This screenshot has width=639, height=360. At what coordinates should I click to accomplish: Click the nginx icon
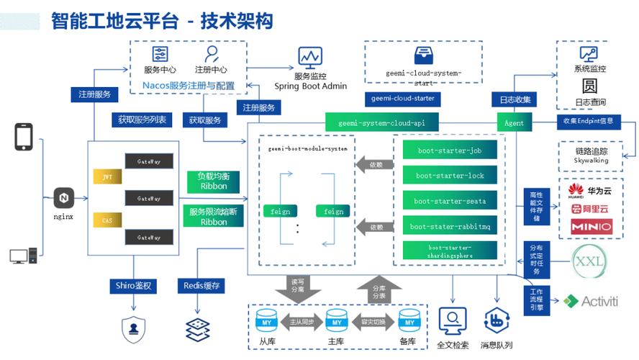click(63, 197)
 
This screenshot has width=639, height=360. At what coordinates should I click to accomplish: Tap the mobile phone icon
click(24, 137)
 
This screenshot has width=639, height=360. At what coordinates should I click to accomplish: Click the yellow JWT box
click(107, 176)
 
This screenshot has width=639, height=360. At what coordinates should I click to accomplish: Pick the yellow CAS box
click(107, 219)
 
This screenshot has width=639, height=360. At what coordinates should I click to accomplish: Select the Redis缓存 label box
click(201, 286)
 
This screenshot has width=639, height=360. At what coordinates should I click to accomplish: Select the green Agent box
click(514, 122)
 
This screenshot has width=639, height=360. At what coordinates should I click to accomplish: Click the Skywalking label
click(592, 161)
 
